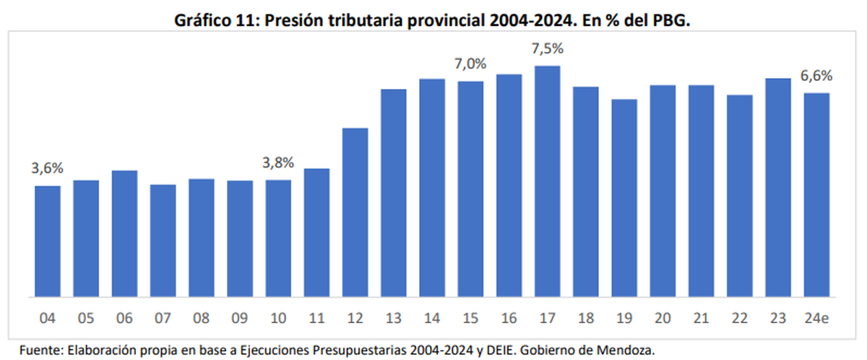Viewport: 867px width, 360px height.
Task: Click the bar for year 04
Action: [48, 241]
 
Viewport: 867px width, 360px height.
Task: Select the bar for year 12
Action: [355, 212]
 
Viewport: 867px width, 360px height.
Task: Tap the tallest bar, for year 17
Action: [548, 181]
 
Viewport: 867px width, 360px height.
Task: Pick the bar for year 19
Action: [624, 197]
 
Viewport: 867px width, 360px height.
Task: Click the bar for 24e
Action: [816, 194]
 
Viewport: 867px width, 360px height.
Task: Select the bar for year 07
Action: [163, 240]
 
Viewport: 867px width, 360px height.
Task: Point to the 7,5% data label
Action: [548, 49]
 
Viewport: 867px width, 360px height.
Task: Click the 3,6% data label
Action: [48, 168]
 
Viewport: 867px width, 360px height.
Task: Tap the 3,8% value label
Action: [278, 163]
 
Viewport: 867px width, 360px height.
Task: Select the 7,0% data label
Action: [470, 64]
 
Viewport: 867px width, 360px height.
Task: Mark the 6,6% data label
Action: [816, 75]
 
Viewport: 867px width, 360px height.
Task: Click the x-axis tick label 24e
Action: [816, 317]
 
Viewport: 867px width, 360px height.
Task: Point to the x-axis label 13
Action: [394, 317]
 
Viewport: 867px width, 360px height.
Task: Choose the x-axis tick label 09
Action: [240, 317]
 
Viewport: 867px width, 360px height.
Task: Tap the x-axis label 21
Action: [701, 317]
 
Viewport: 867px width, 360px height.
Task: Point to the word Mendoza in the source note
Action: [626, 350]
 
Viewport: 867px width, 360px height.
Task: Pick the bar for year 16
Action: [509, 185]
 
